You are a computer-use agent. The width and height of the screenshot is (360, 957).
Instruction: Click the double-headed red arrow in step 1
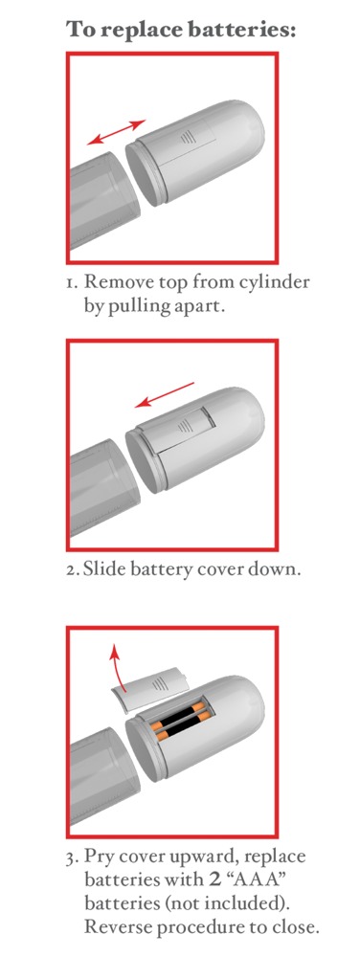coord(116,132)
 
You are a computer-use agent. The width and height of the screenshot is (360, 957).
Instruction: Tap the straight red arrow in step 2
coord(165,394)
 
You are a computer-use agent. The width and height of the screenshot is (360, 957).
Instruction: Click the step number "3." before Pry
coord(72,857)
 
